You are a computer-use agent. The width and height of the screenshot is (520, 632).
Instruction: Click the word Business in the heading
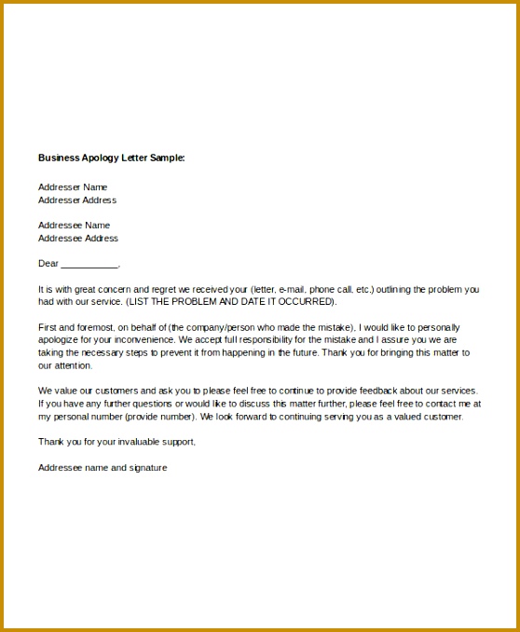click(58, 158)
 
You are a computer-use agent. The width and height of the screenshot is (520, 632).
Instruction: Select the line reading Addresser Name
click(73, 186)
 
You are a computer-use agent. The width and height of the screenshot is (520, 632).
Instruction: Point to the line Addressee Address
click(78, 238)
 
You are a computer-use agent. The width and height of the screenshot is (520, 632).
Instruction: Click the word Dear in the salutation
click(48, 263)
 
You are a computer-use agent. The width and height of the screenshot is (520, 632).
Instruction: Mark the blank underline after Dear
click(89, 265)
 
